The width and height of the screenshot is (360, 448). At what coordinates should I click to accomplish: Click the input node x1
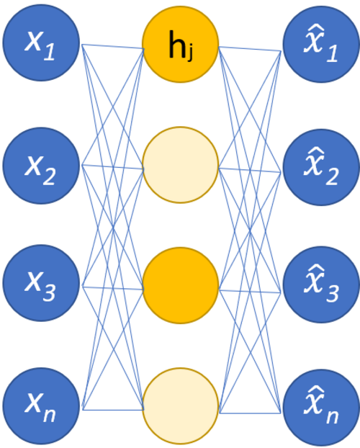click(x=41, y=42)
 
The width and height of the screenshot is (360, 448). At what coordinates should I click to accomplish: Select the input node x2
click(x=41, y=166)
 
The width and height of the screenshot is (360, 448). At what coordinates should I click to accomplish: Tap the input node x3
click(x=41, y=283)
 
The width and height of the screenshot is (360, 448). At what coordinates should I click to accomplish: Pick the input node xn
click(x=41, y=406)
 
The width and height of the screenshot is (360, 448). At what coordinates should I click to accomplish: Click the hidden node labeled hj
click(x=181, y=44)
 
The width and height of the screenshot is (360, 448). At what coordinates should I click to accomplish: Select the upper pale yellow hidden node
click(x=181, y=165)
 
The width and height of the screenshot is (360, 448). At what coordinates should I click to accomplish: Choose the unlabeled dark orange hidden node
click(x=181, y=285)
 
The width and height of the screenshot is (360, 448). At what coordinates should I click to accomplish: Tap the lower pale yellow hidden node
click(x=181, y=406)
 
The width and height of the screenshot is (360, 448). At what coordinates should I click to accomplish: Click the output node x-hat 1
click(x=321, y=44)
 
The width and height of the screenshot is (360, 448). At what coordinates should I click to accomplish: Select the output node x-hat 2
click(x=321, y=167)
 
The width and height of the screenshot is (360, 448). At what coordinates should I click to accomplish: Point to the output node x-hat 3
click(x=321, y=285)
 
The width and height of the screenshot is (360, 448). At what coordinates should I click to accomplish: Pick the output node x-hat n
click(x=321, y=408)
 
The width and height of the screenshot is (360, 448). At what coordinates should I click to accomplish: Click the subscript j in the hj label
click(x=189, y=53)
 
